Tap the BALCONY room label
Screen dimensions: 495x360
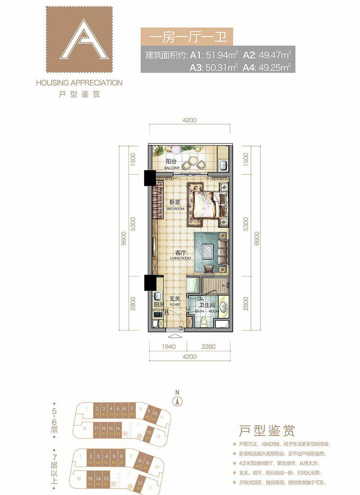172,168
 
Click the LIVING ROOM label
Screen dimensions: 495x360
180,259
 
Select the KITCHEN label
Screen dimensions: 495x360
158,310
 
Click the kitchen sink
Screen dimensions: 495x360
157,297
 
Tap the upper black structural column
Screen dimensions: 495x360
148,178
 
